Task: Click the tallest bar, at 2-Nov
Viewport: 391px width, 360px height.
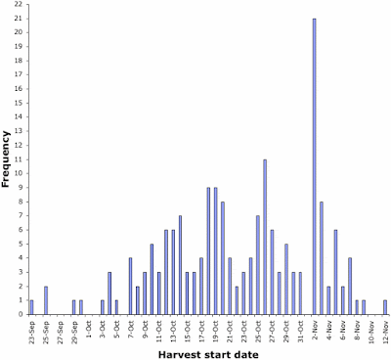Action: point(315,166)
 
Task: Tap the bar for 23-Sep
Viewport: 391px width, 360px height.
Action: point(31,307)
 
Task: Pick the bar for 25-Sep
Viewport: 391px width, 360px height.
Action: point(46,300)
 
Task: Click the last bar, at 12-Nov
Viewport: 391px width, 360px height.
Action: point(385,307)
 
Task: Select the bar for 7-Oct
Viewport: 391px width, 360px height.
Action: point(130,286)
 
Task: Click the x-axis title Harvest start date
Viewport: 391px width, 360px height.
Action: point(208,353)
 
